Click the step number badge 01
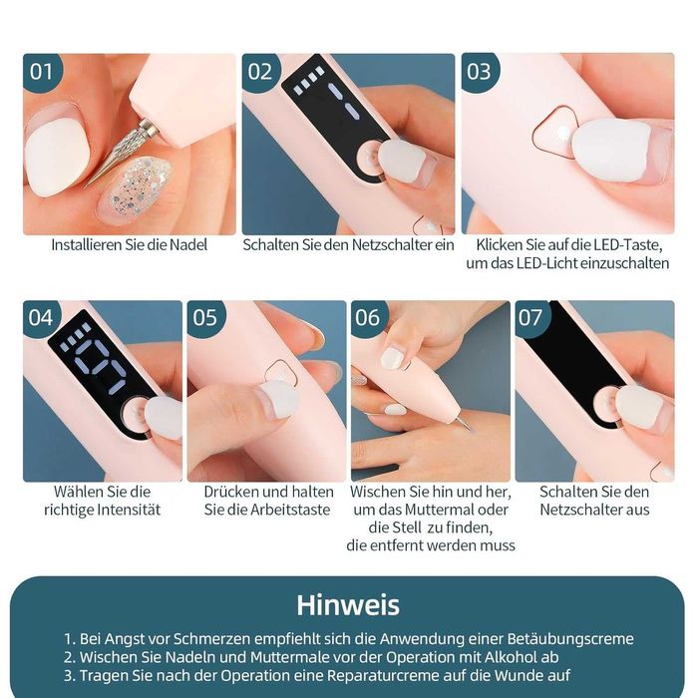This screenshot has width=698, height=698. click(41, 72)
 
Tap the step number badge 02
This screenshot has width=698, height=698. click(260, 72)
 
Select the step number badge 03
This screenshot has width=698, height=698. click(479, 72)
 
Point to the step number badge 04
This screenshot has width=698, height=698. click(41, 318)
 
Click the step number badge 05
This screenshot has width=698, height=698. click(205, 318)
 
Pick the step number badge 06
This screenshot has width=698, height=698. click(368, 318)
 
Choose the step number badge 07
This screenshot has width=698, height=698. click(530, 318)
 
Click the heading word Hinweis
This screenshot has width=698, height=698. click(348, 605)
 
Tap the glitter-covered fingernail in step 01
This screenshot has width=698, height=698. click(135, 190)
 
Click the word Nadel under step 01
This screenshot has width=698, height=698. click(188, 245)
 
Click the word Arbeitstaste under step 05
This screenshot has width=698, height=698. click(290, 510)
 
